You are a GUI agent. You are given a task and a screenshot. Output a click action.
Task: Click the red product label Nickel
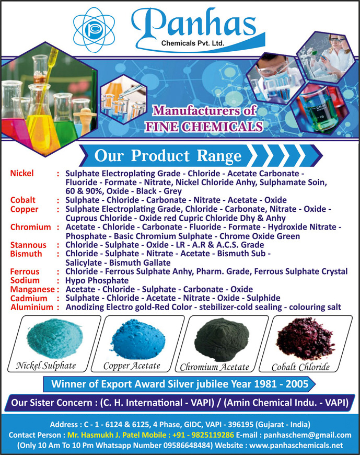[22, 173]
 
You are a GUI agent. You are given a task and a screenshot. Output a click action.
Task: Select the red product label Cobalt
[23, 200]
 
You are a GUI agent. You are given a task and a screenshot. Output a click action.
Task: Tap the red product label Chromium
[31, 227]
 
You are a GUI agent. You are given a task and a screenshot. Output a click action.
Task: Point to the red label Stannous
[28, 245]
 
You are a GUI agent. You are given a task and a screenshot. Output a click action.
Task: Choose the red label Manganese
[32, 289]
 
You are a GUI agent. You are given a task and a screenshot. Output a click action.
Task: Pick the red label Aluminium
[32, 307]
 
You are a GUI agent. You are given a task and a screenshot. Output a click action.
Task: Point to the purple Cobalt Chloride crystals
[306, 339]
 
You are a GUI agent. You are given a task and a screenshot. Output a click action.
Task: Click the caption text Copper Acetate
[132, 366]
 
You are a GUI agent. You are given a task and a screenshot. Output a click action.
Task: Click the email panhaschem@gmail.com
[308, 435]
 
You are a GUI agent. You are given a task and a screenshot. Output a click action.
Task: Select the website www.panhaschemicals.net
[296, 445]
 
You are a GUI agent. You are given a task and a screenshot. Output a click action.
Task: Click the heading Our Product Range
[168, 156]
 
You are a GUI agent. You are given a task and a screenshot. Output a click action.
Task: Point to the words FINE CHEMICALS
[204, 127]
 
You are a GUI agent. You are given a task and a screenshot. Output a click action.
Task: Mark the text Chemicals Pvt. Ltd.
[193, 43]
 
